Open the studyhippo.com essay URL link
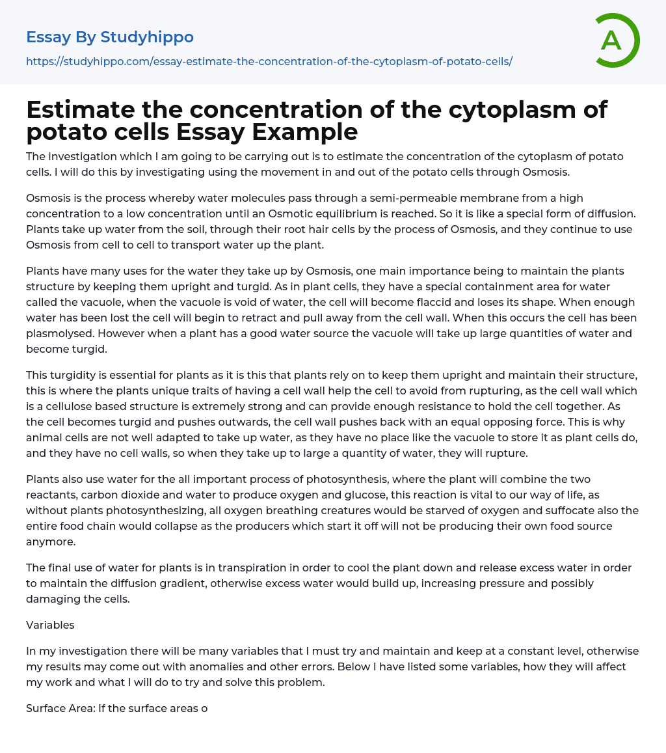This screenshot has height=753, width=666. point(269,61)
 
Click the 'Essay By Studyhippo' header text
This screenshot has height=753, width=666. point(110,37)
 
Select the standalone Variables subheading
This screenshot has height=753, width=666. point(50,625)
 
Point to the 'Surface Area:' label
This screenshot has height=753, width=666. point(60,708)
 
